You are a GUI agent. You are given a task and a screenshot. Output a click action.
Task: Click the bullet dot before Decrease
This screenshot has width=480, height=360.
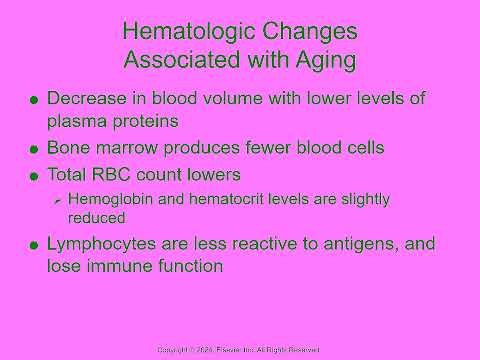coord(37,100)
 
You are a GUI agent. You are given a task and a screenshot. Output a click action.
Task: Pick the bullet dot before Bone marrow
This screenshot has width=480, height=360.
coord(37,149)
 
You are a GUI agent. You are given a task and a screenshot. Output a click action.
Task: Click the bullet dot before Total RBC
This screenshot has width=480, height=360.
coord(37,176)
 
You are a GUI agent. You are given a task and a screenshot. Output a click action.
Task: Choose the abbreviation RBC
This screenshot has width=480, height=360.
coord(116,174)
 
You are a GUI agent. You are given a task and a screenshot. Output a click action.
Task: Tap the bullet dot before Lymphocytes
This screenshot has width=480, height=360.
coord(37,245)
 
